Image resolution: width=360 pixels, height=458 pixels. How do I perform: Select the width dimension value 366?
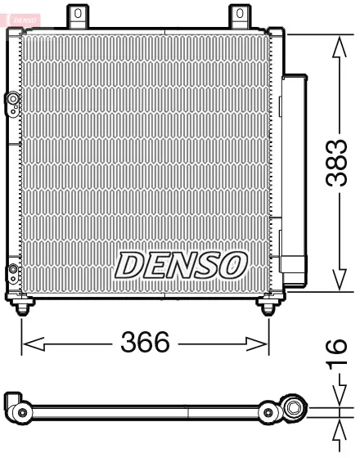click(146, 343)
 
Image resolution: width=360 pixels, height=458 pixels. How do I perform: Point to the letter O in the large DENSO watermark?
click(232, 264)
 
